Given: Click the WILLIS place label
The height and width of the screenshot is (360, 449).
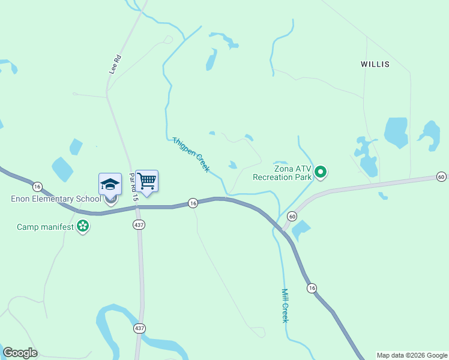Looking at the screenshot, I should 375,64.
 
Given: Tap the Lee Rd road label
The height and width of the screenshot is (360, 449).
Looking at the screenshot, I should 115,64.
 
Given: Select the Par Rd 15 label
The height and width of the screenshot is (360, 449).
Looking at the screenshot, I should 134,187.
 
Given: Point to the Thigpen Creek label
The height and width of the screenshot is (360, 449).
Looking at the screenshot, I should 191,154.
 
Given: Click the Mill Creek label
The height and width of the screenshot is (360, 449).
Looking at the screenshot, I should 285,305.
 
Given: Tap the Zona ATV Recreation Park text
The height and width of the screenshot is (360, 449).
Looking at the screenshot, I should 282,173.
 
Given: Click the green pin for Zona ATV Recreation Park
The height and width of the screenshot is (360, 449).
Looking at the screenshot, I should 321,173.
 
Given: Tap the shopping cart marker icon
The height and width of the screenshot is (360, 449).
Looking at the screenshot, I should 147,180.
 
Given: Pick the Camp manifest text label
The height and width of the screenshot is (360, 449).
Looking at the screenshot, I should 45,227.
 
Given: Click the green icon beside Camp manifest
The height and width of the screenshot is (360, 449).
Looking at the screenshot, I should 83,227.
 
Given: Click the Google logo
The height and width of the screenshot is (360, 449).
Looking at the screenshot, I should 20,353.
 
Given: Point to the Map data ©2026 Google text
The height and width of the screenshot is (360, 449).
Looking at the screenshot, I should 411,355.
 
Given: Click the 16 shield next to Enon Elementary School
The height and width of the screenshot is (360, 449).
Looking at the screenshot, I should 37,186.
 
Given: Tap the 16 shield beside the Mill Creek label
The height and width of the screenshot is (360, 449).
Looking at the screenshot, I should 312,289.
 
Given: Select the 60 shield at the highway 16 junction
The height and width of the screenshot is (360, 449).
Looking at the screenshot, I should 292,216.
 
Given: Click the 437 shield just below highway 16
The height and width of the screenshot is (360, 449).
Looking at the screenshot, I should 139,224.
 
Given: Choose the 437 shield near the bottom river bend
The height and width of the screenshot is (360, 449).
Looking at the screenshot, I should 139,328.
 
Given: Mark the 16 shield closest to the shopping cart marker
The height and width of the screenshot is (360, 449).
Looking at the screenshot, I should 192,203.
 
